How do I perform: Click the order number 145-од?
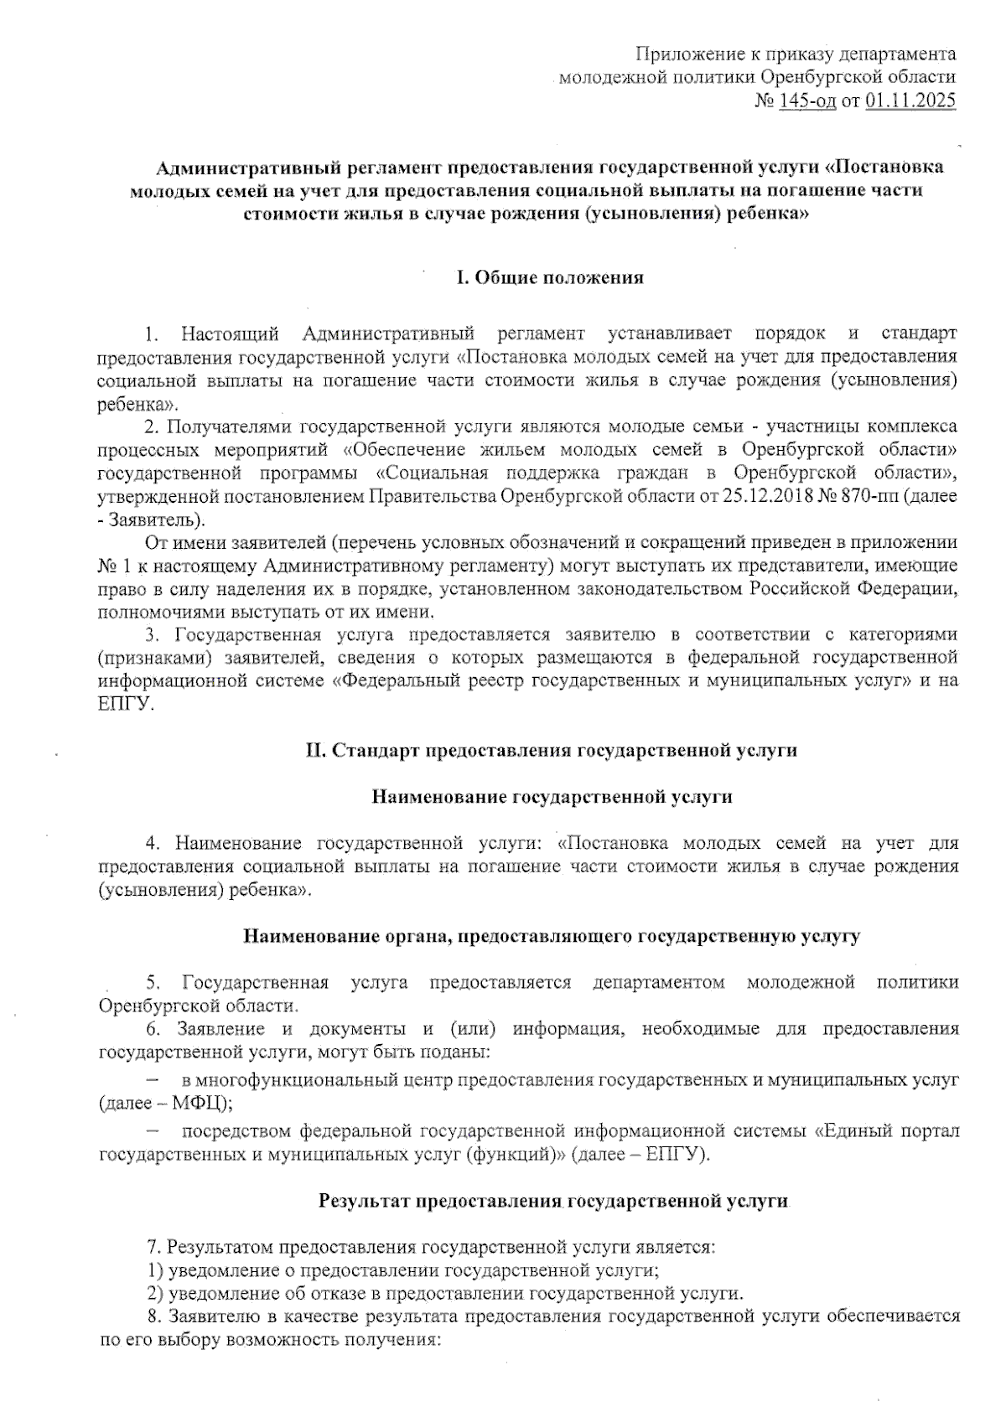(807, 102)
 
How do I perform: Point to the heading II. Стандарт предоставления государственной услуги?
(551, 750)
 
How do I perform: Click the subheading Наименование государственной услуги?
(552, 797)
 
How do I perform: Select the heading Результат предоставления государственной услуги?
(553, 1201)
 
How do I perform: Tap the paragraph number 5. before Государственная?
(153, 982)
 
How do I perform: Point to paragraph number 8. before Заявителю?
(153, 1316)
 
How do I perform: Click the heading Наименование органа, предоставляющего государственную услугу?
(551, 936)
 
